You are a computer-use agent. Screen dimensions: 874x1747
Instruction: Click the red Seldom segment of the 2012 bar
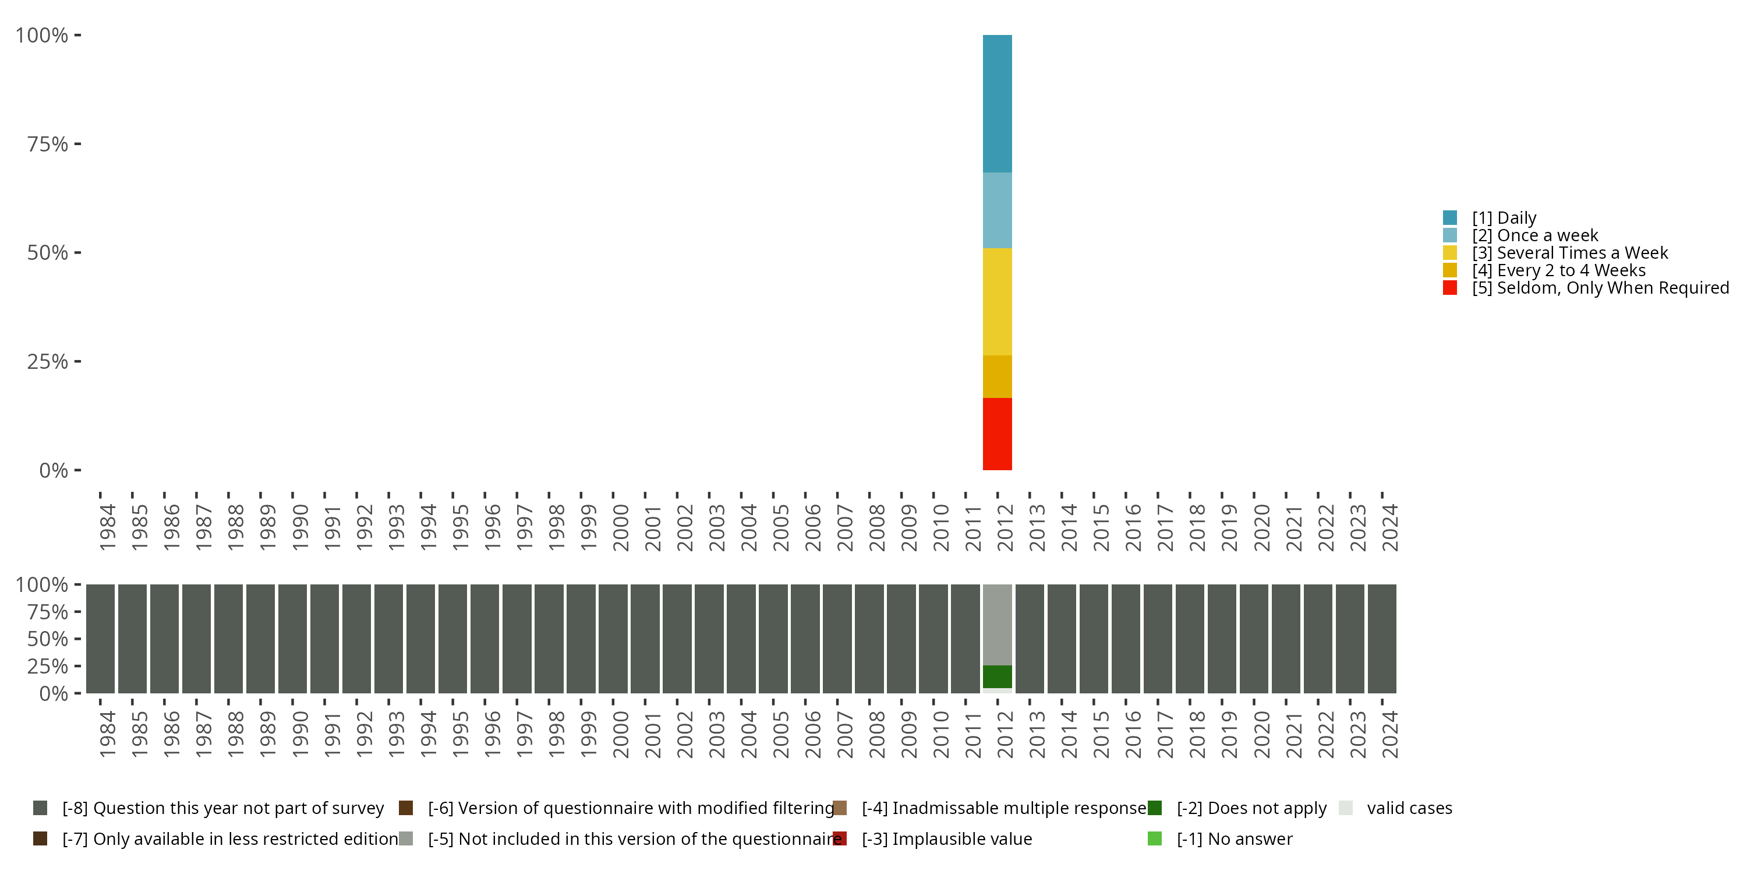point(997,434)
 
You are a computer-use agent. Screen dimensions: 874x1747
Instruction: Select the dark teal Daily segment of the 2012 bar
point(997,103)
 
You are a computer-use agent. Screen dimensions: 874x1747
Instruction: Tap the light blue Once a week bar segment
point(997,210)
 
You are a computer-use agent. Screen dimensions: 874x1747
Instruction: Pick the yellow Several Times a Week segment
point(997,301)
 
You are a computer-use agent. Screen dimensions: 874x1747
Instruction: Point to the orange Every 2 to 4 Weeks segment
point(997,376)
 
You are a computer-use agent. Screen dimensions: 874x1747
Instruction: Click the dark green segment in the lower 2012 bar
point(997,676)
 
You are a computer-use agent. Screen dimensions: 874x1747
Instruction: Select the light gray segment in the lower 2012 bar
point(997,624)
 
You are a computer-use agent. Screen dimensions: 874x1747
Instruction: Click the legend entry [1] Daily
point(1504,218)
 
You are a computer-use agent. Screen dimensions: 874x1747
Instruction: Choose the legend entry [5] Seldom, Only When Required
point(1600,288)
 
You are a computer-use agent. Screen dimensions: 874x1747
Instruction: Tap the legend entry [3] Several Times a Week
point(1569,253)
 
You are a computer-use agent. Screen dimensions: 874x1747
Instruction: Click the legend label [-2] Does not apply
point(1251,808)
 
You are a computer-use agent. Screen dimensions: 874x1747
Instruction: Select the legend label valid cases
point(1409,808)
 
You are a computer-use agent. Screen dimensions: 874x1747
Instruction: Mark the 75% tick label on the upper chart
point(48,144)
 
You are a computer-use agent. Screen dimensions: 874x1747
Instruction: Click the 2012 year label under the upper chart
point(1005,527)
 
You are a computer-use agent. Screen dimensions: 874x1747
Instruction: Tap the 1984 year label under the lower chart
point(107,734)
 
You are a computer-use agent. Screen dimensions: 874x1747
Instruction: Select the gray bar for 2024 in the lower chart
point(1381,639)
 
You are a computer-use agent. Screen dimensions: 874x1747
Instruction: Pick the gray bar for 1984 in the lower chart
point(100,639)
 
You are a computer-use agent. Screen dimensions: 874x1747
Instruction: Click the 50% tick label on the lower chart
point(48,639)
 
